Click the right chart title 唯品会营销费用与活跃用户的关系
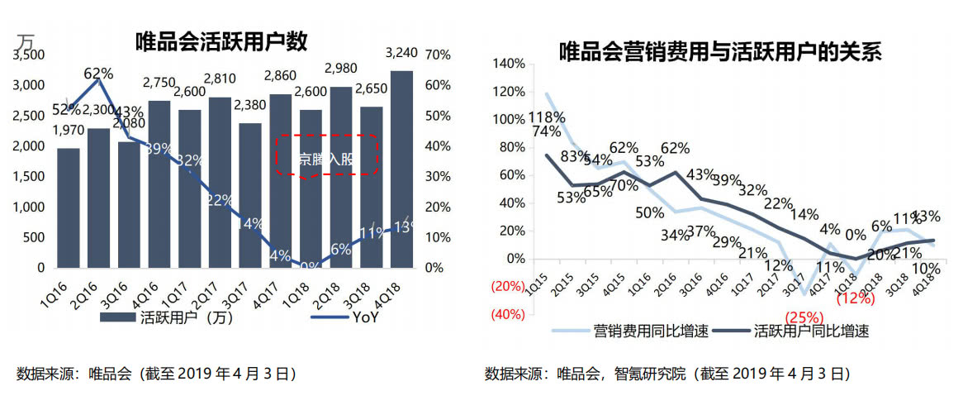720,52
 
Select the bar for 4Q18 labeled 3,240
401,169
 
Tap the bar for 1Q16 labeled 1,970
69,208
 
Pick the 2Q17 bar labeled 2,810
220,182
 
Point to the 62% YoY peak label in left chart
98,73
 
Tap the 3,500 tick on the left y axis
29,55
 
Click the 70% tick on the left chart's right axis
437,55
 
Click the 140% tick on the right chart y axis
508,64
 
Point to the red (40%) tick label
507,314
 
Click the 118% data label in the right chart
546,117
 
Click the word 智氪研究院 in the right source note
650,374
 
